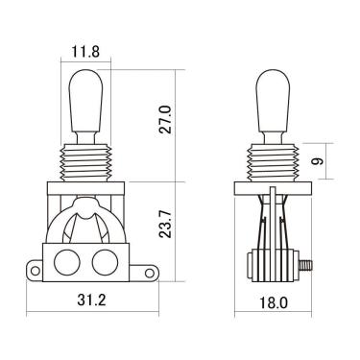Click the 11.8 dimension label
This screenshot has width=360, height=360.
coord(85,52)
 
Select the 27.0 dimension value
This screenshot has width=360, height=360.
coord(166,120)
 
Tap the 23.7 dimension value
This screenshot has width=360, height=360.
coord(166,224)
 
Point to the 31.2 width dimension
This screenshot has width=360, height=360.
coord(91,300)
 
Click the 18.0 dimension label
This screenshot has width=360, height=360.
coord(273,302)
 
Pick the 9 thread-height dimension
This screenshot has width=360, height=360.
coord(318,161)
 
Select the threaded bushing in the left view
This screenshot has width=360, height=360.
coord(85,162)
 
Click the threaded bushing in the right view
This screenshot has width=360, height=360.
coord(273,162)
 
